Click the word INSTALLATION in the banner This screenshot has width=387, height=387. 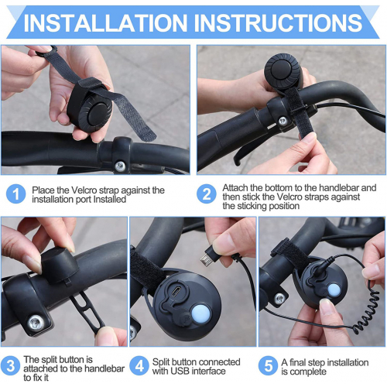coord(105,22)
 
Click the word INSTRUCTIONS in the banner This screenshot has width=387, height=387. coord(278,22)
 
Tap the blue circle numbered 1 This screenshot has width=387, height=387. coord(16,193)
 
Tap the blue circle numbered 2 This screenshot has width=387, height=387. coord(207,193)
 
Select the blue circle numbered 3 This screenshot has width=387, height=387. coord(10,366)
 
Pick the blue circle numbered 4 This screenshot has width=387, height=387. coord(139,366)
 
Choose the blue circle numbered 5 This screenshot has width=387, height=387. coord(269,366)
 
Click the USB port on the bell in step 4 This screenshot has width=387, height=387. coord(176,292)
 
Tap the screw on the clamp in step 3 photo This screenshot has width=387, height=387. coord(36,323)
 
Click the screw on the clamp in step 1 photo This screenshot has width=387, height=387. coord(120,166)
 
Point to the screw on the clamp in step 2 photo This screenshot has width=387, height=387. coord(283,121)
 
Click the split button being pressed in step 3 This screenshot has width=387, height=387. coord(60,265)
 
